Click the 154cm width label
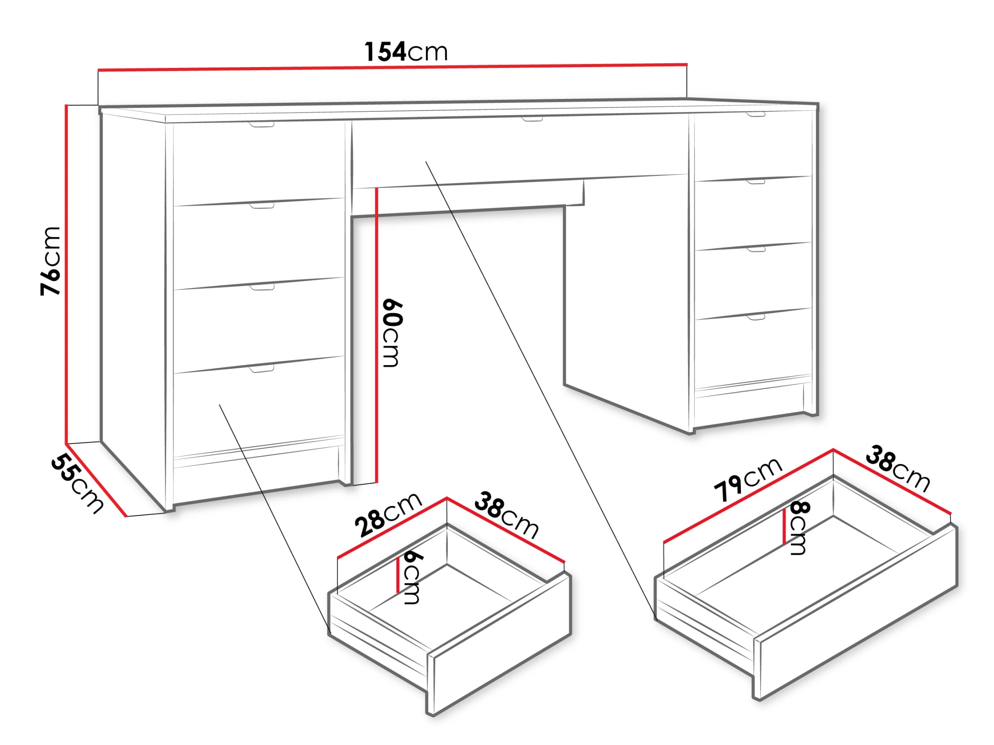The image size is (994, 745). pyautogui.click(x=406, y=52)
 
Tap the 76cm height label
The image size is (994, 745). pyautogui.click(x=50, y=261)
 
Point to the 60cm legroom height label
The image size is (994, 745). pyautogui.click(x=392, y=333)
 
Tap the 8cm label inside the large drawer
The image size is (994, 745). pyautogui.click(x=799, y=528)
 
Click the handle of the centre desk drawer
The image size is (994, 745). pyautogui.click(x=532, y=119)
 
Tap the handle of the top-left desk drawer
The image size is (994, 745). pyautogui.click(x=262, y=124)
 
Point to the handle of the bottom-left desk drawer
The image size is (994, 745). pyautogui.click(x=262, y=369)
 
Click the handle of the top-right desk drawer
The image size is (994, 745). pyautogui.click(x=756, y=115)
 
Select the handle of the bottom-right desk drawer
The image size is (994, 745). pyautogui.click(x=756, y=317)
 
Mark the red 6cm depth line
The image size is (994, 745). pyautogui.click(x=398, y=575)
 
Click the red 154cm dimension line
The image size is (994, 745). pyautogui.click(x=392, y=67)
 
